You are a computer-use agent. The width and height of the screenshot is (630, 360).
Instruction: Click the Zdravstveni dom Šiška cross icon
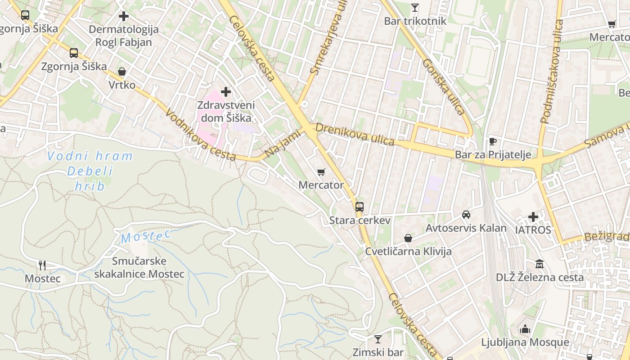coord(226,92)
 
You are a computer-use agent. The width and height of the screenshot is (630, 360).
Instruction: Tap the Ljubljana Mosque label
coord(525,342)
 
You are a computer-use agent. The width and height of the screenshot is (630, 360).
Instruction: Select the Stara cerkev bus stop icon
coord(359,207)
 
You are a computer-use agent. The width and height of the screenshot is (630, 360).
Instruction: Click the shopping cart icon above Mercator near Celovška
coord(321,172)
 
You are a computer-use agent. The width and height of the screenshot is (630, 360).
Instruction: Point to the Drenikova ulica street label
coord(355,134)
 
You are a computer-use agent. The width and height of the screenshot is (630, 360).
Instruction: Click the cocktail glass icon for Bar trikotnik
coord(414,8)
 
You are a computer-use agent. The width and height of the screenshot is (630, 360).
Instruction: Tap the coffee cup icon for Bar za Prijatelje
coord(493,142)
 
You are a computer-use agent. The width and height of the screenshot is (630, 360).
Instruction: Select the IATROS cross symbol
coord(533,217)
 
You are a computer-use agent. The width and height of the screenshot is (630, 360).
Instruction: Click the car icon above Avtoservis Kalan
coord(466,215)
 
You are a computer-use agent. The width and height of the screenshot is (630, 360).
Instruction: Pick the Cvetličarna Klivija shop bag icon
coord(408,238)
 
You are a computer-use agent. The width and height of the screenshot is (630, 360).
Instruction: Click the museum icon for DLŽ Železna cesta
coord(540,264)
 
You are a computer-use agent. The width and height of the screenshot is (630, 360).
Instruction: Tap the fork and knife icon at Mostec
coord(42,265)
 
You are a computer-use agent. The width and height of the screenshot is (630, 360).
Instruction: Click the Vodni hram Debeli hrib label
coord(90,171)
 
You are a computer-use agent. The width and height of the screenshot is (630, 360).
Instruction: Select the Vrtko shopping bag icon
coord(121,72)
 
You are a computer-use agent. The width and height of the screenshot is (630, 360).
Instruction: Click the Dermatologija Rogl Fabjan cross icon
coord(124,17)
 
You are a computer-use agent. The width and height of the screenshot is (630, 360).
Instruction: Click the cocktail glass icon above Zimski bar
coord(378,339)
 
